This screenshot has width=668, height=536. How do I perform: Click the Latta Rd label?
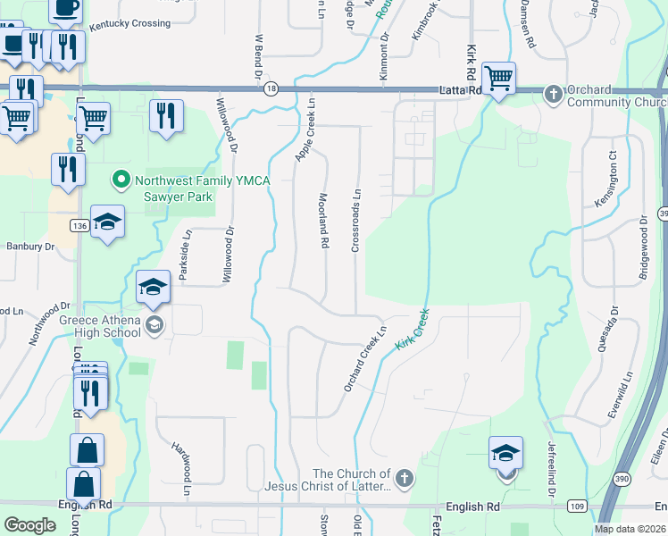click(x=461, y=90)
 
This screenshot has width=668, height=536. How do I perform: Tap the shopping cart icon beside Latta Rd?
click(x=498, y=77)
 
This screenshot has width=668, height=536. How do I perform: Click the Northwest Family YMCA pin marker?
click(x=121, y=180)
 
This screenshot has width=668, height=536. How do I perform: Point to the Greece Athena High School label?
click(x=88, y=327)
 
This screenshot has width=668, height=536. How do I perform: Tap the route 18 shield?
click(x=270, y=88)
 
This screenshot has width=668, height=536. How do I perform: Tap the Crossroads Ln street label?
click(x=355, y=219)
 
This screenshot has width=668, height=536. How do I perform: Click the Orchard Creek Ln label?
click(x=365, y=357)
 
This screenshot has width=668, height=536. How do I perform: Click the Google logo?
click(x=29, y=524)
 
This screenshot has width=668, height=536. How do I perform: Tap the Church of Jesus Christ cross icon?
click(x=404, y=480)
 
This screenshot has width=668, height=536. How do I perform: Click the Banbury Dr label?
click(x=25, y=246)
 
